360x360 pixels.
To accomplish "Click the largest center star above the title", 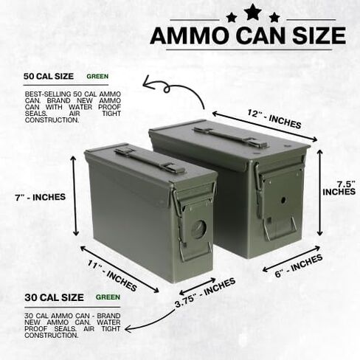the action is (x=252, y=12).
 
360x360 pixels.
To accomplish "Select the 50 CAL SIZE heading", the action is (x=49, y=76).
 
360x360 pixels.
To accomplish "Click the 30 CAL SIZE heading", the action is (x=54, y=297).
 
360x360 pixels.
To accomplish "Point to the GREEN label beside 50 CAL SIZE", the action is (x=97, y=77).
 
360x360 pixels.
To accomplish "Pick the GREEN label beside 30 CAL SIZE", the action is (x=108, y=297).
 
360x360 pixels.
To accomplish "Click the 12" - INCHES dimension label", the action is (x=274, y=120).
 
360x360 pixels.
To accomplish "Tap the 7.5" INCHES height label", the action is (x=339, y=188).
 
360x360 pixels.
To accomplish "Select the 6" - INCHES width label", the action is (x=299, y=266).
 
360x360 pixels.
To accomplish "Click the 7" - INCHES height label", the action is (x=41, y=197).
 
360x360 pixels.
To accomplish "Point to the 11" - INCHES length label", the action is (x=112, y=276).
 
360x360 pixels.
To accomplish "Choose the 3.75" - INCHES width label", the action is (x=205, y=294).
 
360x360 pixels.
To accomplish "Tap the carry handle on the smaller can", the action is (x=149, y=160).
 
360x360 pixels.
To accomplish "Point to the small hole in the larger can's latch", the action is (x=283, y=200).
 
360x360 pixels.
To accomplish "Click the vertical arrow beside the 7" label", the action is (x=75, y=195).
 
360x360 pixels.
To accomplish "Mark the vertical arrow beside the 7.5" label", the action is (x=319, y=193).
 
